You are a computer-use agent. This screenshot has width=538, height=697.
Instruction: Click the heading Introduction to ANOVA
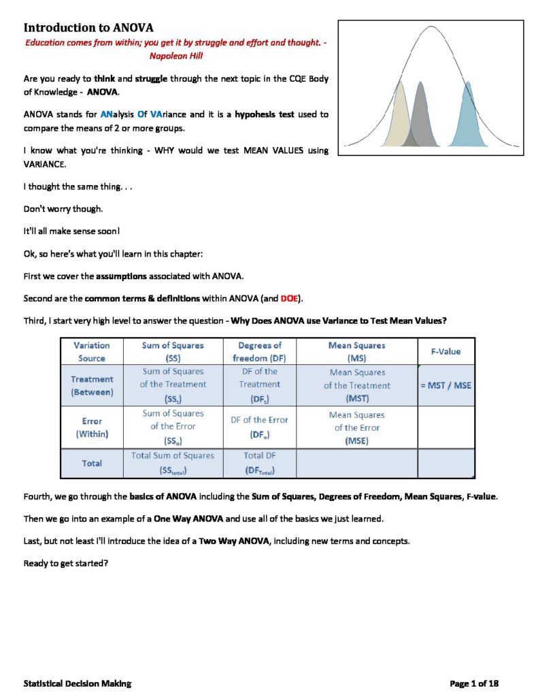88,28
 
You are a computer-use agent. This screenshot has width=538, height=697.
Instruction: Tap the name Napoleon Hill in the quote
177,56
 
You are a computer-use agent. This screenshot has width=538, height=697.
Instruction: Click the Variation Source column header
92,351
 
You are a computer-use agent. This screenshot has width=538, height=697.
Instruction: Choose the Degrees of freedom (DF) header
259,351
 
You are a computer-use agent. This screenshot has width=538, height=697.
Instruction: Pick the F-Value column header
445,351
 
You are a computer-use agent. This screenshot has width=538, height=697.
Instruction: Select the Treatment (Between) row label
92,385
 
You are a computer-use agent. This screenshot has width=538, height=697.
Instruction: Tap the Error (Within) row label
92,427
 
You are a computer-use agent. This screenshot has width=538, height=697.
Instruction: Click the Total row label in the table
92,463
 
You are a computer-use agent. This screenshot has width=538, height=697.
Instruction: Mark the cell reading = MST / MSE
445,385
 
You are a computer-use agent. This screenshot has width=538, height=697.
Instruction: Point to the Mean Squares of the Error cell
356,427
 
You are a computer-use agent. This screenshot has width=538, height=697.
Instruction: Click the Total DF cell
259,463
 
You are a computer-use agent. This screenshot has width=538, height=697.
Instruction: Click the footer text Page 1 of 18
475,683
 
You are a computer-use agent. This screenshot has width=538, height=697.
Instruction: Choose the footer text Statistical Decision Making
78,683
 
